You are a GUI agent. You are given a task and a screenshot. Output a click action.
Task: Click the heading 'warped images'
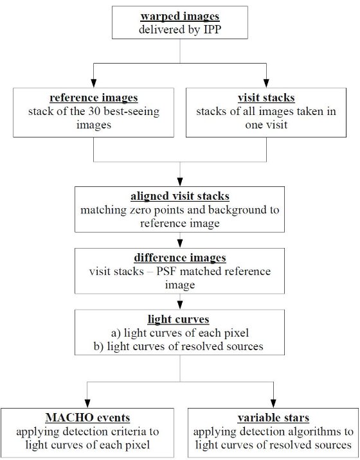(x=180, y=17)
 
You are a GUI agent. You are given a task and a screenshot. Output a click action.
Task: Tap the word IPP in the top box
(x=212, y=30)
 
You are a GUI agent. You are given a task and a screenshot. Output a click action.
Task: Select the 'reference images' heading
(x=94, y=98)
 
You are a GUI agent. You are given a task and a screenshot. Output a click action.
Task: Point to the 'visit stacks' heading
(x=266, y=98)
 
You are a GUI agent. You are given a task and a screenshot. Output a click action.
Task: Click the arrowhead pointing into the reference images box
(x=94, y=84)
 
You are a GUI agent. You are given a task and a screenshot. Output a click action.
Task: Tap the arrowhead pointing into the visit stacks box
(x=266, y=84)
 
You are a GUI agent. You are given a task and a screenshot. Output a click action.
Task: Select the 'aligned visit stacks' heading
(x=180, y=196)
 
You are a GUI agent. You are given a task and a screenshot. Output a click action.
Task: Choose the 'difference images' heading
(x=180, y=258)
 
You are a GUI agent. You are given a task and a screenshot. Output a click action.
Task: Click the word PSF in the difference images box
(x=166, y=271)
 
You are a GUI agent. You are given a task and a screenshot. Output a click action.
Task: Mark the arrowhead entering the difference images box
(x=180, y=243)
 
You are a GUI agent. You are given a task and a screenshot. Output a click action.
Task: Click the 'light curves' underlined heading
(x=179, y=319)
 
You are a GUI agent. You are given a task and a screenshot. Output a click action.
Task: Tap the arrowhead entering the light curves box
(x=180, y=305)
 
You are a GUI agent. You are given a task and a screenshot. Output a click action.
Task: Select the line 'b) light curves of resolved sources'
(x=179, y=346)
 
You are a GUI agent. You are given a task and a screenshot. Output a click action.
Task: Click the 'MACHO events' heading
(x=87, y=418)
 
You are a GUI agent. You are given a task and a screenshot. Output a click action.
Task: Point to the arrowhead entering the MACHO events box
(x=87, y=403)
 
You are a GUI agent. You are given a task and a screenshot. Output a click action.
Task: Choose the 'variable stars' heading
(x=273, y=418)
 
